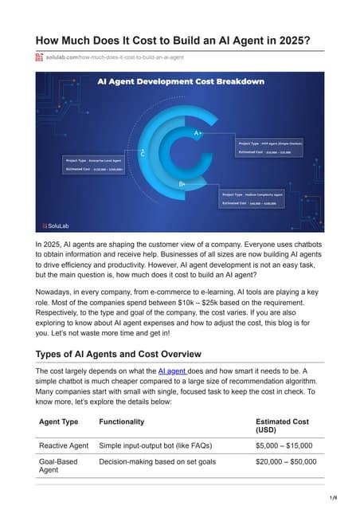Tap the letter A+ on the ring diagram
198,133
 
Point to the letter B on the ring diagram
182,184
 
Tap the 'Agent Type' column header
58,422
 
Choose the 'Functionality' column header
121,422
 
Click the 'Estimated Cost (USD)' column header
284,426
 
